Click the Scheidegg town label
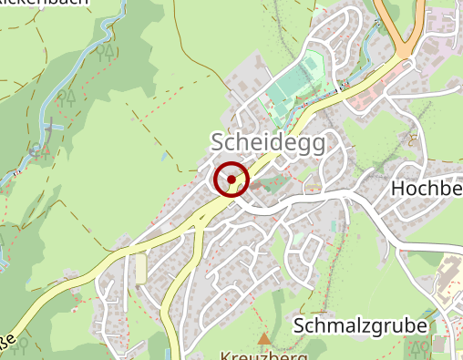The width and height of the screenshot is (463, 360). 267,142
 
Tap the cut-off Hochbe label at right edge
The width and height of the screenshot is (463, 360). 426,189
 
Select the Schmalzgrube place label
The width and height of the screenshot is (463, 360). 360,326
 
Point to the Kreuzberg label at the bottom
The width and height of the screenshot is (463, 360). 263,355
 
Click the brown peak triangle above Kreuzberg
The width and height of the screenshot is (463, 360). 264,339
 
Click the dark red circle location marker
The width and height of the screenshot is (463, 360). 231,179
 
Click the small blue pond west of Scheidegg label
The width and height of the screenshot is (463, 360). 164,156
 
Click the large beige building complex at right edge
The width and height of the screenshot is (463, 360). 449,278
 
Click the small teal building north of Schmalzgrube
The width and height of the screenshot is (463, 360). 334,224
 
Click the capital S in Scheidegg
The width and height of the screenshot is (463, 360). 218,142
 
